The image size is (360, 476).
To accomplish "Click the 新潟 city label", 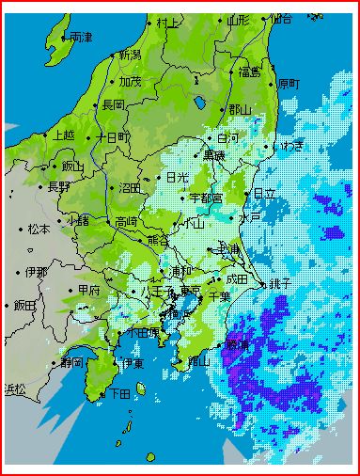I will click(129, 56).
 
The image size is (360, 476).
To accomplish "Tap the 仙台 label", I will click(280, 18).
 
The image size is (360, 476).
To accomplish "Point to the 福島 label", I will click(249, 71).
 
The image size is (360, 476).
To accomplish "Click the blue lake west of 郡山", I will click(199, 103).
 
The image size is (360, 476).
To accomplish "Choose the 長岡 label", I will click(113, 103).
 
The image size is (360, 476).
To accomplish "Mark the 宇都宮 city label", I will click(205, 198).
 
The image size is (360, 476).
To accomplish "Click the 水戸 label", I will click(249, 217).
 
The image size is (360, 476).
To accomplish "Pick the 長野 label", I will click(58, 186).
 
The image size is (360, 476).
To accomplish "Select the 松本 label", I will click(39, 228).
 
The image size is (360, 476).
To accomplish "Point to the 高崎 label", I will click(126, 221).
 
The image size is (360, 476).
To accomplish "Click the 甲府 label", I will click(89, 289).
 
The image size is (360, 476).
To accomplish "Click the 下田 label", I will click(119, 392).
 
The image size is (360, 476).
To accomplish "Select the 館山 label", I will click(197, 360).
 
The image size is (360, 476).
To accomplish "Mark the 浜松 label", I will click(16, 389).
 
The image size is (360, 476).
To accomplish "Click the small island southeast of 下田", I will click(141, 388).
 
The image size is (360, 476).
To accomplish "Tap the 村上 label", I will click(168, 22).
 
